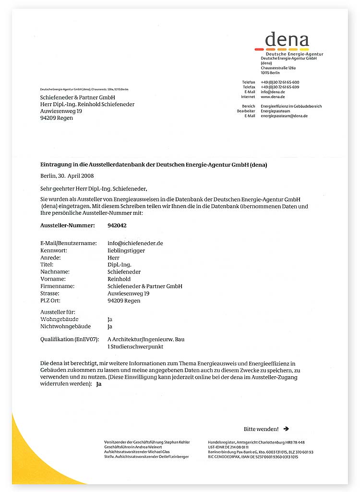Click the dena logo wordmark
point(287,39)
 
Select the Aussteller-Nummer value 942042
point(117,225)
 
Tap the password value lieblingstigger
point(126,250)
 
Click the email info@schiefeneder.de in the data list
point(135,243)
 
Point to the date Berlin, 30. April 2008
point(67,176)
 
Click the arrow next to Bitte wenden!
point(286,429)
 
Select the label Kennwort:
point(54,250)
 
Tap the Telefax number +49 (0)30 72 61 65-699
point(280,87)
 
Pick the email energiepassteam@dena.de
point(284,116)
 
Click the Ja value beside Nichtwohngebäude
point(110,327)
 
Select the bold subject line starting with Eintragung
point(154,164)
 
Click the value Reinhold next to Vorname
point(119,279)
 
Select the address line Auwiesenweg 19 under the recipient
point(61,111)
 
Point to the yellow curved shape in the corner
point(34,456)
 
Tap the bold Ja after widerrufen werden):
point(99,384)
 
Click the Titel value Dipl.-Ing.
point(120,264)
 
